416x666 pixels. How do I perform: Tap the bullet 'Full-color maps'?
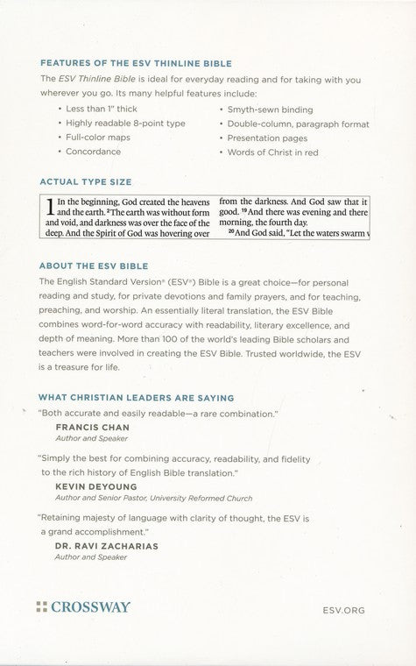point(98,138)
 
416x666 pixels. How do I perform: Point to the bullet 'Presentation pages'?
point(266,138)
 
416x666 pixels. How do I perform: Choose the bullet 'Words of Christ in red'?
point(272,152)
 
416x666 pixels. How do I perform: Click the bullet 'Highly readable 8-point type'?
point(125,123)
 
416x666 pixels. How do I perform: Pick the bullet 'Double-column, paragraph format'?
point(297,123)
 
